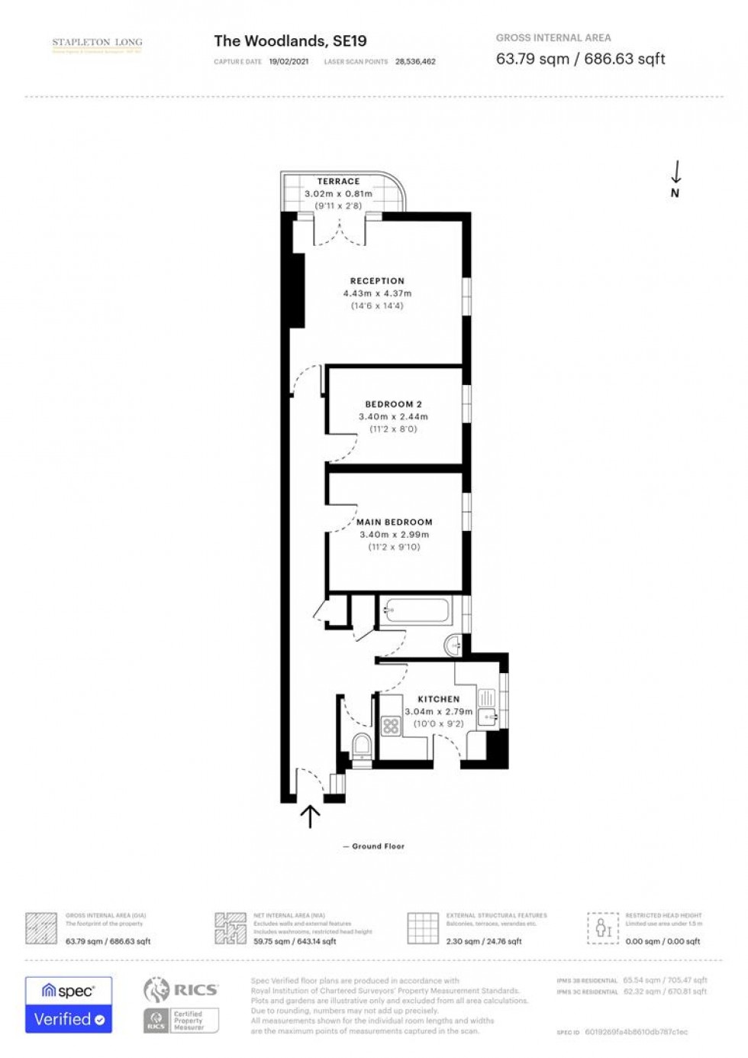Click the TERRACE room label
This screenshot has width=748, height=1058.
338,181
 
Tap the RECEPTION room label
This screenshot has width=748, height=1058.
377,281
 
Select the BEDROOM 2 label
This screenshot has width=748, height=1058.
393,404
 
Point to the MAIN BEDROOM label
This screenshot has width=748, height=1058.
394,523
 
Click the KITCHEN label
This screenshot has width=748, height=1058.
438,699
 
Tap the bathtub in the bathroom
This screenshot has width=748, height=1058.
417,610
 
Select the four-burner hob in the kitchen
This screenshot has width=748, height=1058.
392,726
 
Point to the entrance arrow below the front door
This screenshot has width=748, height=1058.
310,816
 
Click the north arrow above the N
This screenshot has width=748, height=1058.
675,172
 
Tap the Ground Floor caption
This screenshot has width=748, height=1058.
378,846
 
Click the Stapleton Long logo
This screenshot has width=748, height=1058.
97,45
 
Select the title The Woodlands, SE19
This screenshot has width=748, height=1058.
290,41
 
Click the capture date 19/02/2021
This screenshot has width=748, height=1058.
289,62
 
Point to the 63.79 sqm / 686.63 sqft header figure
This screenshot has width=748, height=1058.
580,59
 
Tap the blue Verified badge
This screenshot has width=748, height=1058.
69,1019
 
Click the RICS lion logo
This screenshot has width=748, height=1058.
156,990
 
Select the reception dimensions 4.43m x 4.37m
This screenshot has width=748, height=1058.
377,293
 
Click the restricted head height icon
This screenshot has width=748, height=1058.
603,928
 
